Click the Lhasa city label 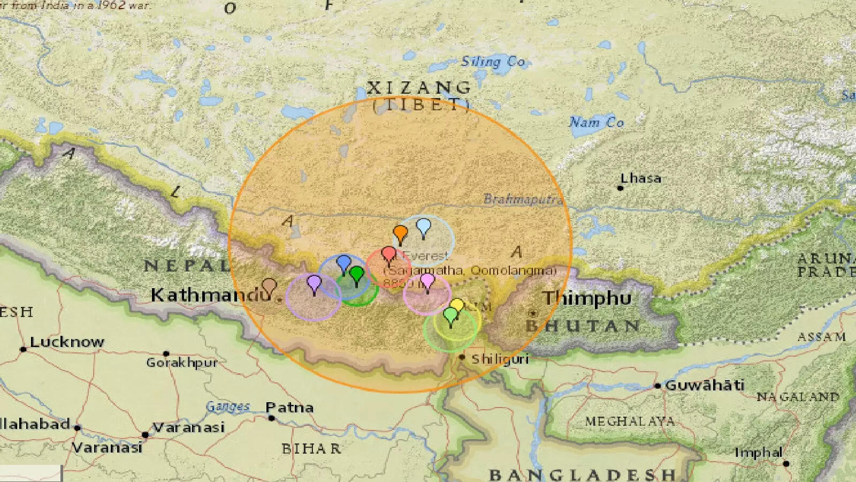(x=640, y=178)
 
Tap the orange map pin (x=400, y=234)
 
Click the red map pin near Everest (x=389, y=254)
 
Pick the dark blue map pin (x=343, y=263)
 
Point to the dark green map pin (x=356, y=275)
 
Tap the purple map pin (x=314, y=282)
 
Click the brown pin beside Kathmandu (x=269, y=287)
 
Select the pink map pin (x=427, y=281)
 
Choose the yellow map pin (x=457, y=306)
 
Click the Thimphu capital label (x=587, y=298)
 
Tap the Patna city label (x=289, y=408)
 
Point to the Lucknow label (x=67, y=342)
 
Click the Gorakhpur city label (x=182, y=363)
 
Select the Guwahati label (x=704, y=385)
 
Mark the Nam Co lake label (x=597, y=123)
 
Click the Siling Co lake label (x=493, y=62)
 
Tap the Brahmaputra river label (x=523, y=200)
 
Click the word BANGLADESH (x=582, y=475)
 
